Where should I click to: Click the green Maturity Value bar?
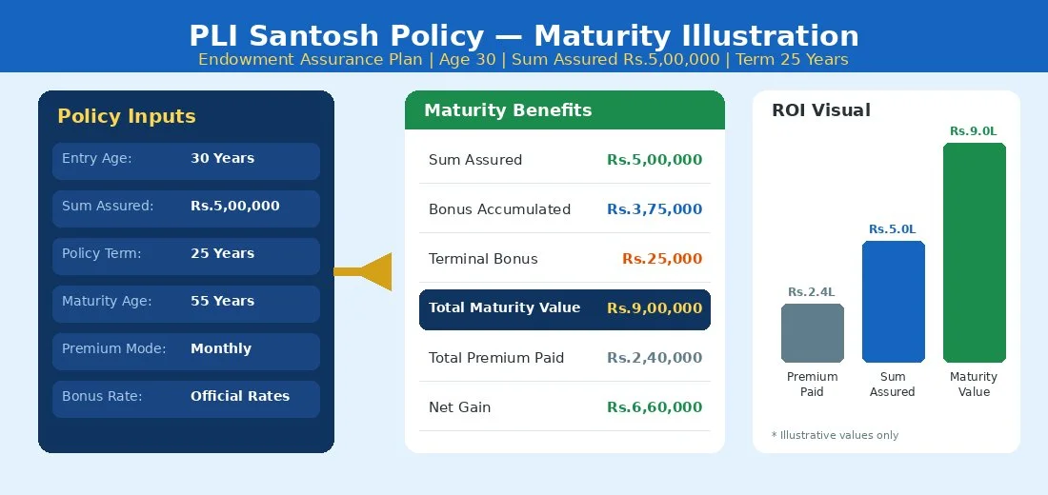(x=974, y=252)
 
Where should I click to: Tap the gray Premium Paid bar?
(x=812, y=333)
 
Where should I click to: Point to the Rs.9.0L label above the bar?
(x=974, y=131)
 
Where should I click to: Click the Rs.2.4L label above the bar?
(x=812, y=292)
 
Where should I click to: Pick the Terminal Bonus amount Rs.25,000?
(x=662, y=259)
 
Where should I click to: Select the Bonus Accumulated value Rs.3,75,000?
(x=655, y=209)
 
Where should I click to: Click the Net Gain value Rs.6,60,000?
(x=655, y=407)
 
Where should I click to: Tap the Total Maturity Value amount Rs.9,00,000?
(x=655, y=308)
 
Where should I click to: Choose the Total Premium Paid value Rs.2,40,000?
(x=655, y=358)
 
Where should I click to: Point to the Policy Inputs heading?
(x=127, y=116)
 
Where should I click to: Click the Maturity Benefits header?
(x=508, y=110)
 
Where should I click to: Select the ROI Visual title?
(x=821, y=110)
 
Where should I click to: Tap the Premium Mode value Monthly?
(x=221, y=348)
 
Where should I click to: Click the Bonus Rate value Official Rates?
(x=240, y=396)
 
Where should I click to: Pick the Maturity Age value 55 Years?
(x=222, y=301)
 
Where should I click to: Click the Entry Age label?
(x=97, y=158)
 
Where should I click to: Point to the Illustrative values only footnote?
(x=835, y=435)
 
